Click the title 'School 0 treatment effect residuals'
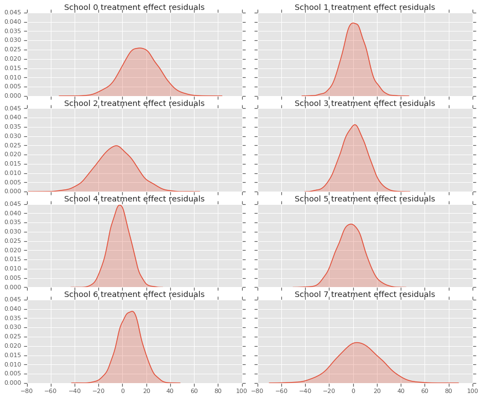134,8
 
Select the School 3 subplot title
365,103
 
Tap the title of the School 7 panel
365,294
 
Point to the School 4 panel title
134,199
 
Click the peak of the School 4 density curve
119,205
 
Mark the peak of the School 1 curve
353,23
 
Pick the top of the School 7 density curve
357,342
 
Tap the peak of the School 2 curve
116,146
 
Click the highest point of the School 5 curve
350,224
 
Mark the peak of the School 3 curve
355,125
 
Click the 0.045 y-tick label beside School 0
15,12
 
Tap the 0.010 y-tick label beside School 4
15,269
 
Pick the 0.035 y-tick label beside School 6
15,318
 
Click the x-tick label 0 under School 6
123,391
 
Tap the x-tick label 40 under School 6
170,391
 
